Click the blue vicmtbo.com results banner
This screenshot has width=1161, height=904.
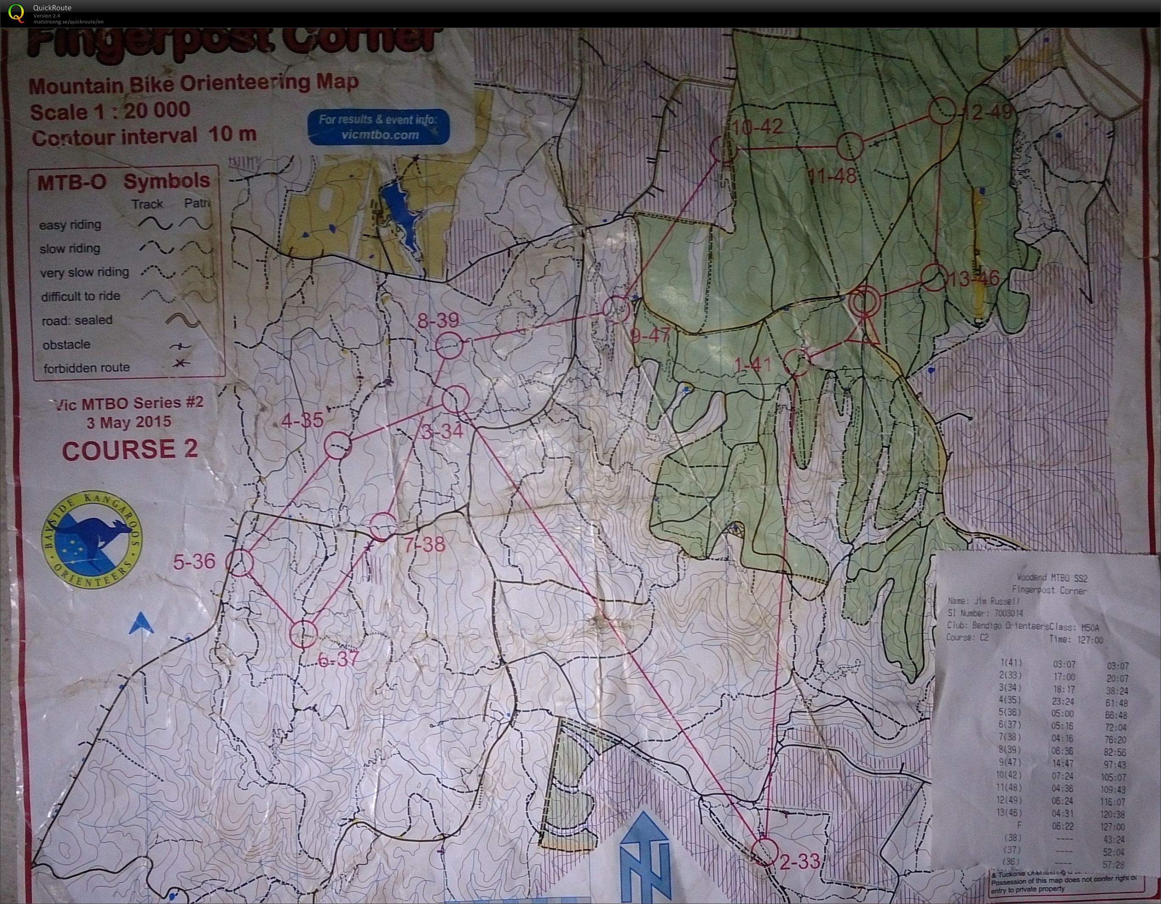pyautogui.click(x=378, y=127)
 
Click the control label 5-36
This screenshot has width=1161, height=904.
pyautogui.click(x=194, y=561)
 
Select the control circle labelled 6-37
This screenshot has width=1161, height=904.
pyautogui.click(x=304, y=633)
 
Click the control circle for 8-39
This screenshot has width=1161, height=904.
pyautogui.click(x=449, y=345)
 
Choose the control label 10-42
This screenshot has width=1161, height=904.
pyautogui.click(x=757, y=127)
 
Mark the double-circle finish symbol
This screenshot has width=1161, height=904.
pyautogui.click(x=864, y=301)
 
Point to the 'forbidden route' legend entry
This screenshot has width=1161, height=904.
pyautogui.click(x=87, y=367)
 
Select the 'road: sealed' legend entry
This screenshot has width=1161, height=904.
pyautogui.click(x=78, y=320)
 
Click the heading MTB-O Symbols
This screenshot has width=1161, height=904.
pyautogui.click(x=124, y=182)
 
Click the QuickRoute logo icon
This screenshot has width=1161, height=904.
pyautogui.click(x=17, y=13)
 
